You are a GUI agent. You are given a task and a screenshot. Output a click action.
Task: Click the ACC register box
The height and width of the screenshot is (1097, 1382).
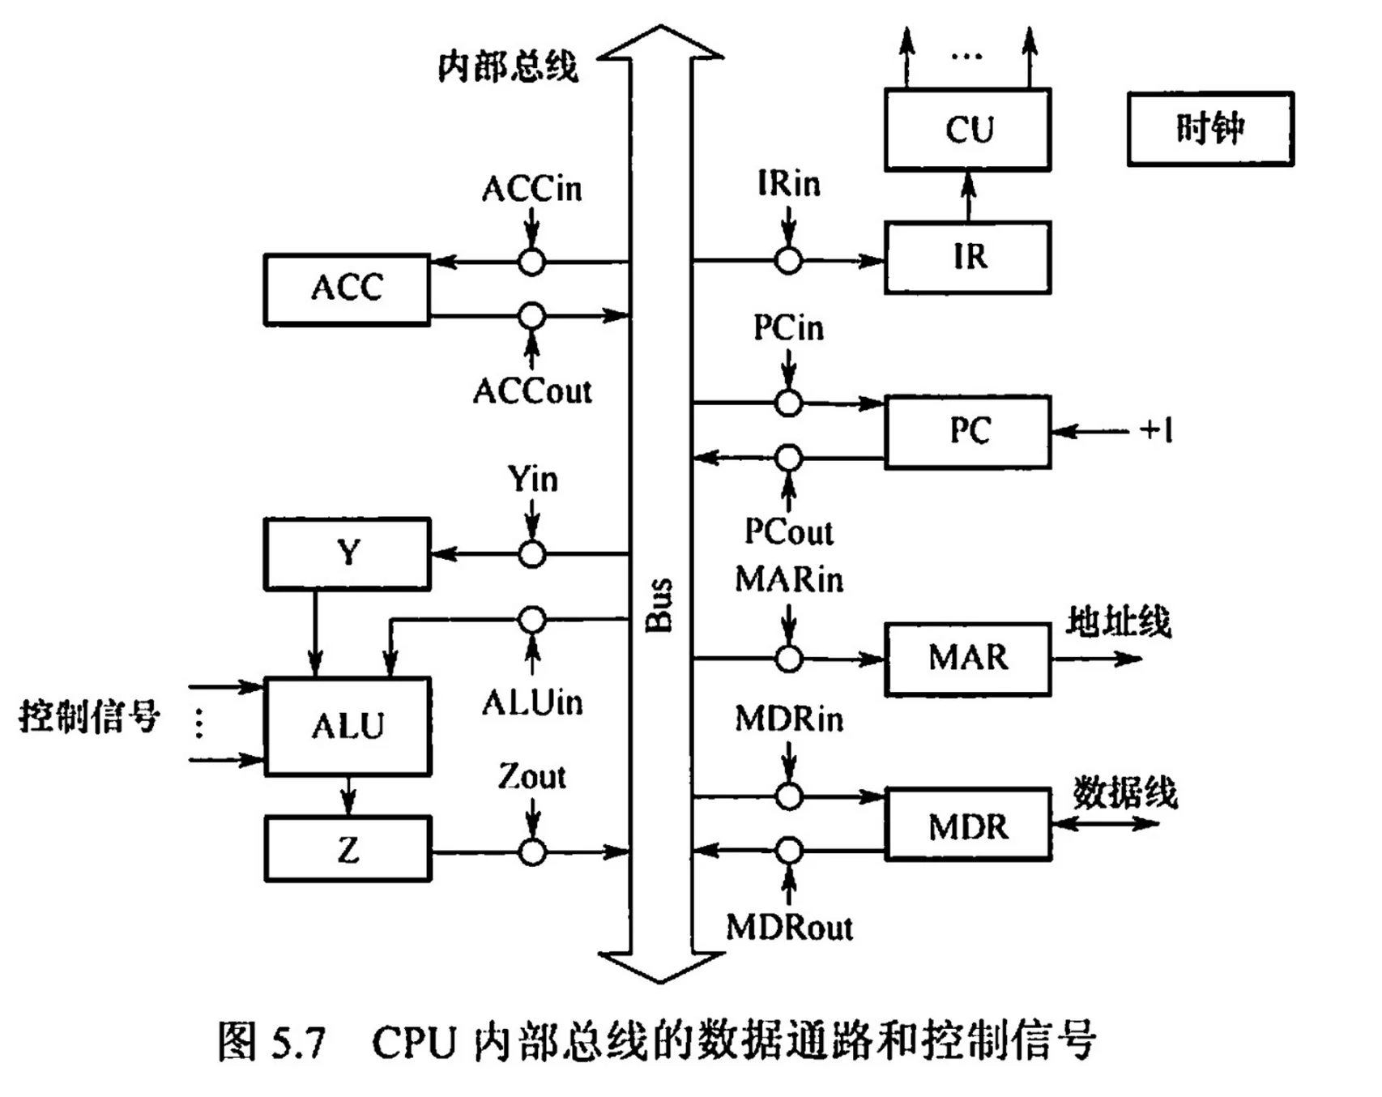(347, 289)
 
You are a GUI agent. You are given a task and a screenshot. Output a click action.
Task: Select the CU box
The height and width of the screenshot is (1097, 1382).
(967, 130)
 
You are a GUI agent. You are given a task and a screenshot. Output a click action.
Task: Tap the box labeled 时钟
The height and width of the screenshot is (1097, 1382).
(1210, 129)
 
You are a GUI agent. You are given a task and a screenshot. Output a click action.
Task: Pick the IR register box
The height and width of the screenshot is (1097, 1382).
(967, 258)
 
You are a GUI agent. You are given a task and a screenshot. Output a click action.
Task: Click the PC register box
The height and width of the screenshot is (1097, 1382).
(967, 431)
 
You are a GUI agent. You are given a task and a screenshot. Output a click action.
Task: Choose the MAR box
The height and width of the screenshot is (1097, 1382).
(967, 658)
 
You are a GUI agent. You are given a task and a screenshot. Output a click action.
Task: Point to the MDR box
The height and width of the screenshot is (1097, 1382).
(967, 825)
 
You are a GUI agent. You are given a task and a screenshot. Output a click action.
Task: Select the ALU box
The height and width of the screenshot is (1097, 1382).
(347, 726)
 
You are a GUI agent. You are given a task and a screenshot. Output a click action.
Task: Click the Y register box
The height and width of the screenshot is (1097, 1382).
(347, 554)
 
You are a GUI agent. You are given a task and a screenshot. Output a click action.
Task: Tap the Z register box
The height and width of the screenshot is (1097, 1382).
(347, 849)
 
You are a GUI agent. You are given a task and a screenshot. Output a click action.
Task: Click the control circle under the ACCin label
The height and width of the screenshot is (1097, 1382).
(531, 262)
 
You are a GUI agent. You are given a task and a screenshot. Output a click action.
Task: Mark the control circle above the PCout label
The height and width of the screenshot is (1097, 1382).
(788, 459)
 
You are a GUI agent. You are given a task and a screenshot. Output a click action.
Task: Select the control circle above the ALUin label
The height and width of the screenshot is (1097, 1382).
(531, 620)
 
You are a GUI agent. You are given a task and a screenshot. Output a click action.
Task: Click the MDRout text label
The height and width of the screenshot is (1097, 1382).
(789, 928)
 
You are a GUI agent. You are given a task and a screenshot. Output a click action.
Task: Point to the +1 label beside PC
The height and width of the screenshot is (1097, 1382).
(1156, 430)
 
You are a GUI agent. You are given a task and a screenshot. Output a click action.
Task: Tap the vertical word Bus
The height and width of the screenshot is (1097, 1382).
(659, 604)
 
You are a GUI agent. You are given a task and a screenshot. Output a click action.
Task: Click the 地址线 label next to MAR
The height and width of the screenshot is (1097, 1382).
(1118, 622)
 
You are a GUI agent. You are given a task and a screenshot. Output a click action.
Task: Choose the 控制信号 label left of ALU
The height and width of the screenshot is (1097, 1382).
(89, 716)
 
